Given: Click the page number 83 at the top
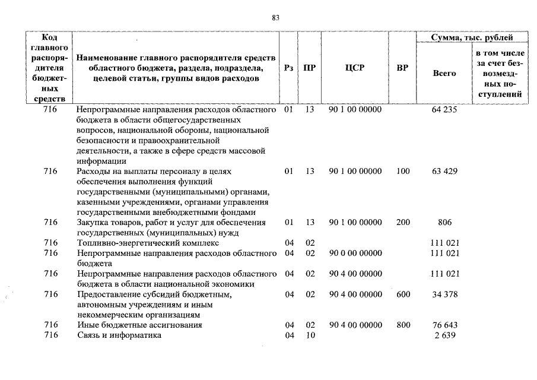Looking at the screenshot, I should coord(275,18).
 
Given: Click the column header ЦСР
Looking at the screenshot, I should coord(355,68).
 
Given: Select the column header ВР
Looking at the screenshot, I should coord(402,68).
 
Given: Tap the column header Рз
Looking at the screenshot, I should coord(289,68).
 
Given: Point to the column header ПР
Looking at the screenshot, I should coord(309,68).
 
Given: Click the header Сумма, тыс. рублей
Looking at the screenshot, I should coord(472,38).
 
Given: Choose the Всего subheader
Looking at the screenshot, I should coord(444,74).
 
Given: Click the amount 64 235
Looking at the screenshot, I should coord(444,110).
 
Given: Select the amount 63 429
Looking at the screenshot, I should coord(444,172).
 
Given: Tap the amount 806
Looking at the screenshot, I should coord(444,223).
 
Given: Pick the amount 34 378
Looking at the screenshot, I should coord(444,294).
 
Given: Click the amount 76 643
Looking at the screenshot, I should coord(444,325).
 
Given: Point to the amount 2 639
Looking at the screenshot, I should coord(444,335).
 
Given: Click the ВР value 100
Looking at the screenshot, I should coord(403,172).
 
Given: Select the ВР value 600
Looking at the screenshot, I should coord(403,294).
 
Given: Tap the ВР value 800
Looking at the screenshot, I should coord(403,325).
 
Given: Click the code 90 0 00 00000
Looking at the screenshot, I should coord(355,254).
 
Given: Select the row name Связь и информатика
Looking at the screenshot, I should coord(119,335).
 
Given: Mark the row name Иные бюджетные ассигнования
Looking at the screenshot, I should coord(139,325).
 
